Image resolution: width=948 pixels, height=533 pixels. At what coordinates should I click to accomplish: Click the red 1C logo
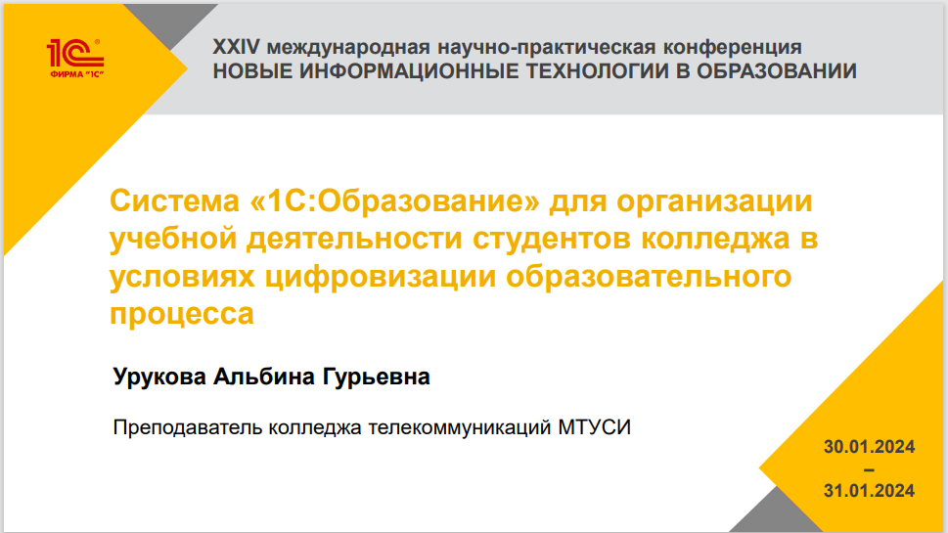[x=75, y=58]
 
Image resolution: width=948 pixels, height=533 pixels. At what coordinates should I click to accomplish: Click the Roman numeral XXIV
[x=236, y=47]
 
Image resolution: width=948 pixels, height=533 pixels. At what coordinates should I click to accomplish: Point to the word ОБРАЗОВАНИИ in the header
[x=776, y=71]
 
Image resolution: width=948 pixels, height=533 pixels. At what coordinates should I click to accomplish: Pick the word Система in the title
[x=175, y=200]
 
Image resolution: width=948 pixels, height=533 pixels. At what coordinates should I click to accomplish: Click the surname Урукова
[x=159, y=377]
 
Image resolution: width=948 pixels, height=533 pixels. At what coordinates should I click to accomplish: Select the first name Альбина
[x=264, y=376]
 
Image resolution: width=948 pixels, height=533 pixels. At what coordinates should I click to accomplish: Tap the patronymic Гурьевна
[x=376, y=378]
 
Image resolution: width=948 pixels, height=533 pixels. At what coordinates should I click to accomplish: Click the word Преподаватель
[x=188, y=427]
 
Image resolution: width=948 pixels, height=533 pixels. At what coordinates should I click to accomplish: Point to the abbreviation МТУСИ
[x=594, y=427]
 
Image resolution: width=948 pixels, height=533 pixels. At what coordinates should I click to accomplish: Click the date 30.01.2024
[x=869, y=447]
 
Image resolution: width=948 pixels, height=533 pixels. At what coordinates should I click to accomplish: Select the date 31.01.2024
[x=869, y=491]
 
